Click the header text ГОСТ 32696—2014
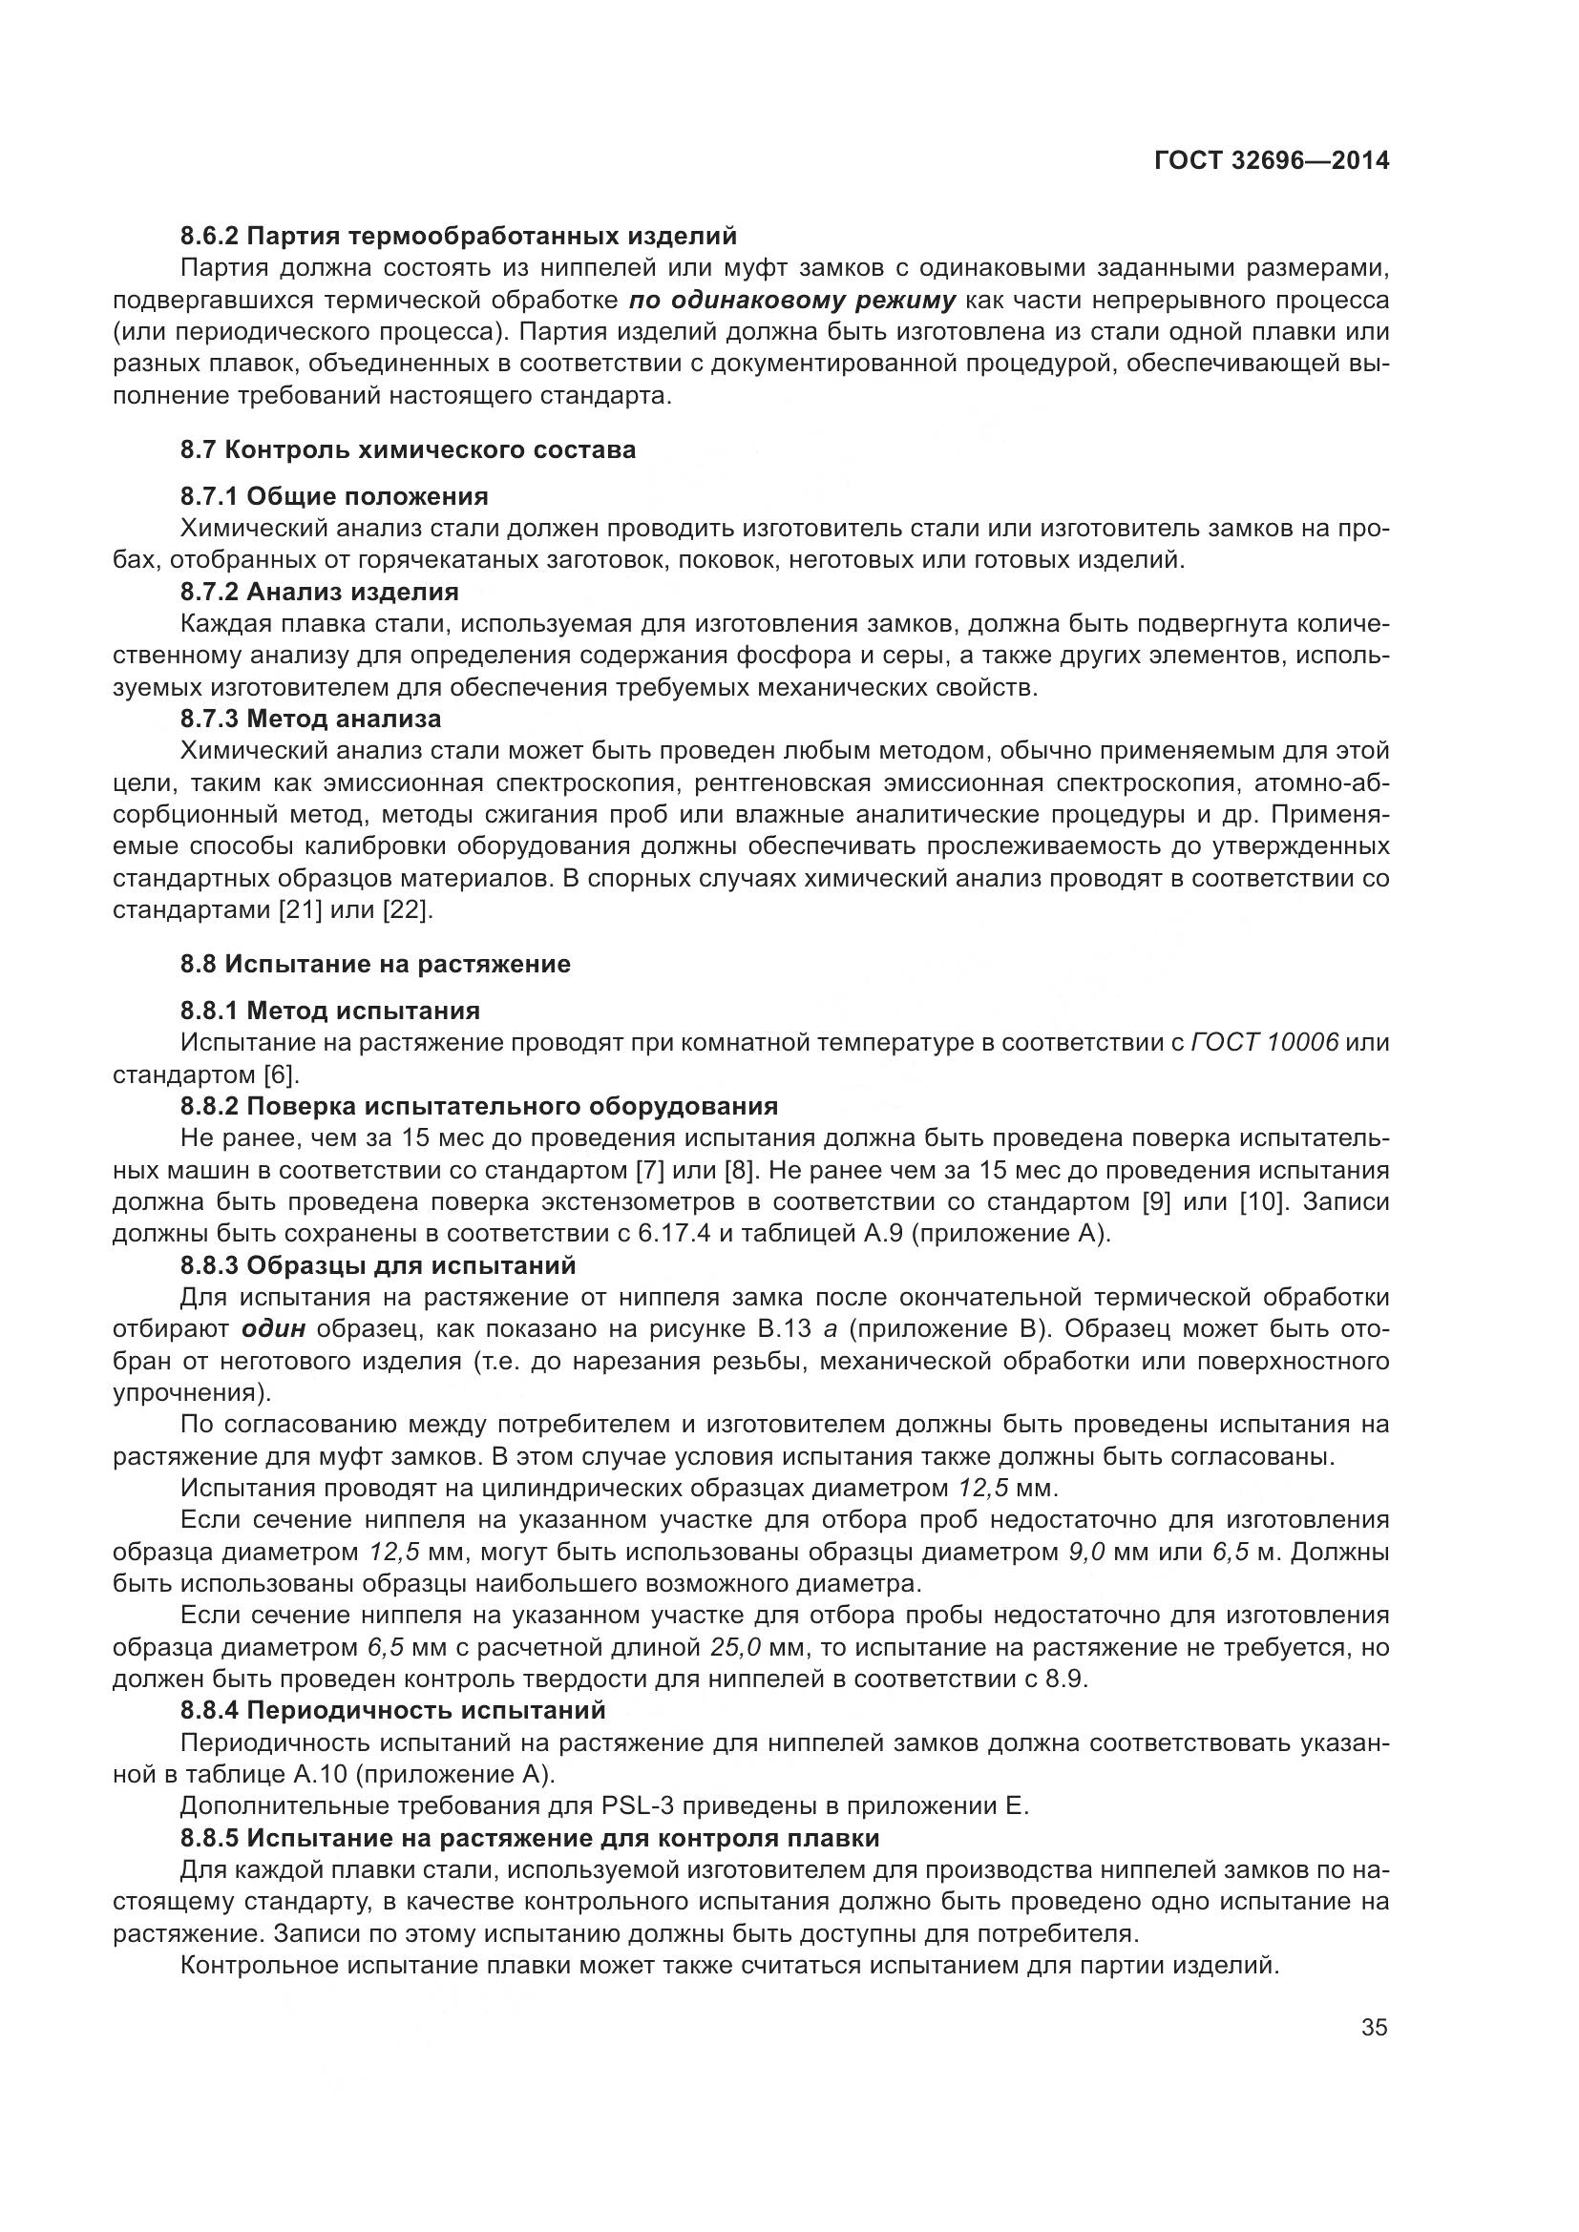(1271, 160)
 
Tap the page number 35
(1374, 2028)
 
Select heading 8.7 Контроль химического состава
(408, 450)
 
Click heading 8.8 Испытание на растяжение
(374, 965)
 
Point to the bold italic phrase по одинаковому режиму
(791, 300)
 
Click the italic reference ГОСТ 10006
(1264, 1043)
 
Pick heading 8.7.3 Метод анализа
(310, 720)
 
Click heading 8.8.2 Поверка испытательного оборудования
(478, 1106)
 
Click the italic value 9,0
(1086, 1552)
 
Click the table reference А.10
(320, 1774)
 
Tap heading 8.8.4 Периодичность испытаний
(392, 1710)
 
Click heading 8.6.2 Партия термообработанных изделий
(458, 237)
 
